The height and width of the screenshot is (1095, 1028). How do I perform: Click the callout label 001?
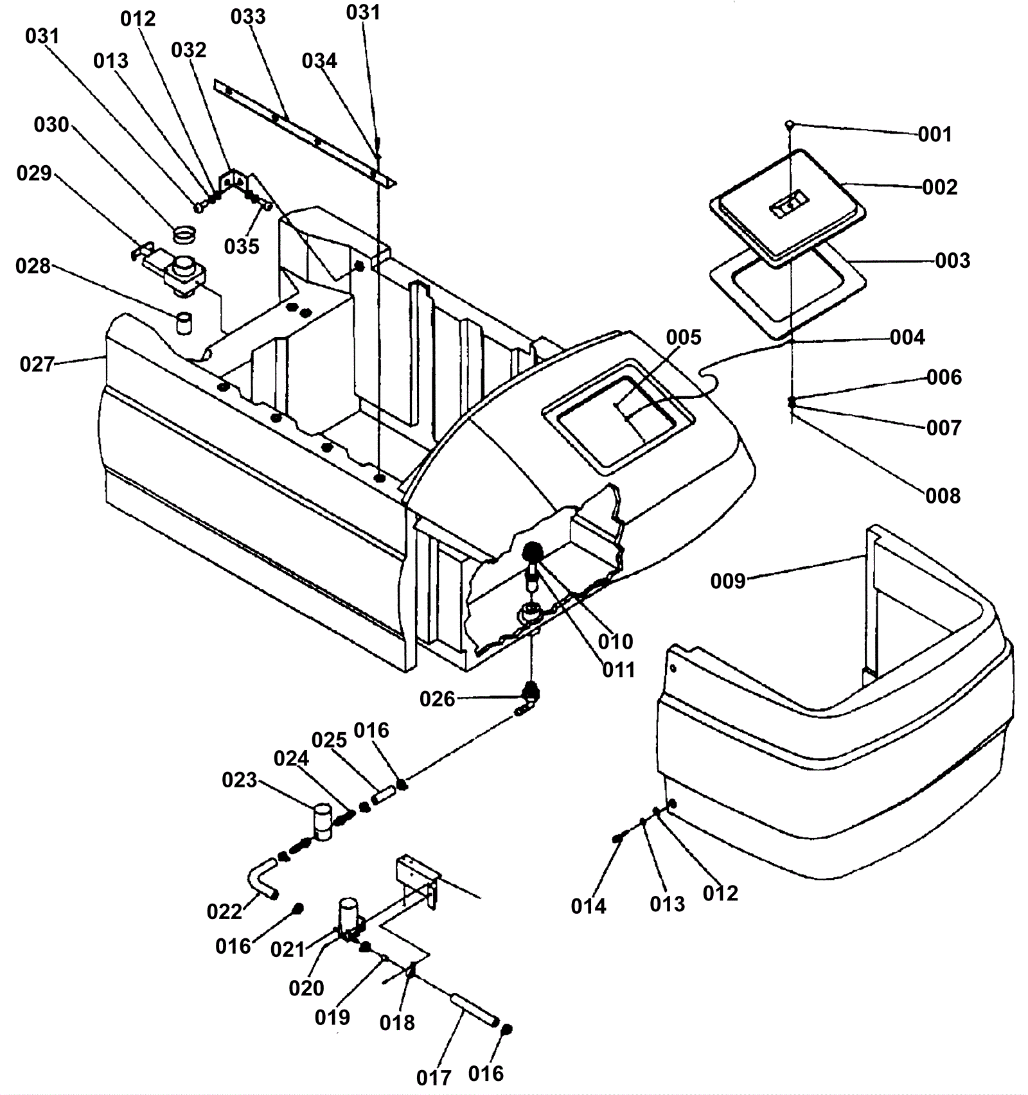coord(934,134)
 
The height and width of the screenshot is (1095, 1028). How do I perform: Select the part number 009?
coord(728,581)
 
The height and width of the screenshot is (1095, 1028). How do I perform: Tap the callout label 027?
coord(37,365)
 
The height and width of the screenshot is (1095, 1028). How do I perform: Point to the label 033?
coord(248,17)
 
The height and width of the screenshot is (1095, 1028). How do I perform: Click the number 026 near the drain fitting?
coord(437,699)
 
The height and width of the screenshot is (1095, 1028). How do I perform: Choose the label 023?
coord(239,780)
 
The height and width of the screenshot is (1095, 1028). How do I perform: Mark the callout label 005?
coord(684,337)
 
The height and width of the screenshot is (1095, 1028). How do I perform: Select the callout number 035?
coord(242,246)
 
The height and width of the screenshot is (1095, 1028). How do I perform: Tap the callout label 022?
coord(224,911)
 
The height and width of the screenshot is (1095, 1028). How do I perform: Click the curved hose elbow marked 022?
coord(262,882)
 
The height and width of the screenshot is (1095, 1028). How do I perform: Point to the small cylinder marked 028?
coord(185,323)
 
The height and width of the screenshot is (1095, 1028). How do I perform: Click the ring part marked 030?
coord(184,234)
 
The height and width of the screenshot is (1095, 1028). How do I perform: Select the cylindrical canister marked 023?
coord(323,821)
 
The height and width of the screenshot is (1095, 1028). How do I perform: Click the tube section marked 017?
coord(474,1010)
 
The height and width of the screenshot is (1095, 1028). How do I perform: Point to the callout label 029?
coord(34,173)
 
